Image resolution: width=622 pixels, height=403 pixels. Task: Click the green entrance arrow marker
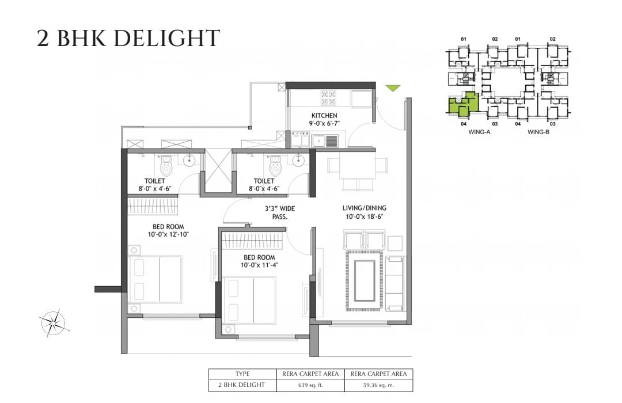click(393, 88)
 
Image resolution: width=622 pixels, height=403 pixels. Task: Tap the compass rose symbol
click(53, 323)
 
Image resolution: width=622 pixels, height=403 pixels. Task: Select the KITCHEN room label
click(324, 115)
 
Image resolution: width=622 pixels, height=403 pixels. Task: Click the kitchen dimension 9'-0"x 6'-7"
click(324, 123)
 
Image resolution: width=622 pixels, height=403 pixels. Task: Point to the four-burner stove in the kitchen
click(328, 98)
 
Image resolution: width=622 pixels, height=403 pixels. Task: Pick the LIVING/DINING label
click(364, 208)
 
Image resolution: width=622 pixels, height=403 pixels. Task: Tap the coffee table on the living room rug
click(365, 281)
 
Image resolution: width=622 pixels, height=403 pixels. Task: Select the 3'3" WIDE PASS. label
click(280, 212)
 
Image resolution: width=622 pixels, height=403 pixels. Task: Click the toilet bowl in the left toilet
click(166, 165)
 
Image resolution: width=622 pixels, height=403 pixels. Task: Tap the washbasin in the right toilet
click(298, 159)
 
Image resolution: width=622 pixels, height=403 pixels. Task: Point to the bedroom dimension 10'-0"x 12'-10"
click(168, 234)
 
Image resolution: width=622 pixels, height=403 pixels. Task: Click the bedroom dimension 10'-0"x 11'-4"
click(259, 265)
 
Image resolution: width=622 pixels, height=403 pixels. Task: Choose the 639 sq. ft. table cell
click(310, 385)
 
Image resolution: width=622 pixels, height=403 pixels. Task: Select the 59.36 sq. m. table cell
click(378, 385)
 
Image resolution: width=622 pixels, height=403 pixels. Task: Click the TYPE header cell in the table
click(242, 374)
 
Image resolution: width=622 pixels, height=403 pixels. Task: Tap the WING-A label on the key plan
click(479, 132)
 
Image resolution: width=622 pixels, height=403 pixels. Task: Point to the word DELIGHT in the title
click(169, 39)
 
